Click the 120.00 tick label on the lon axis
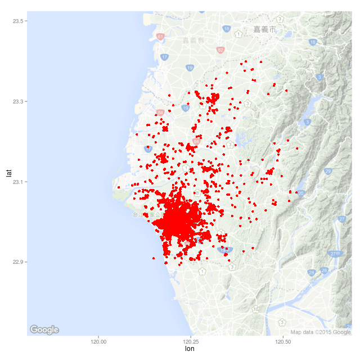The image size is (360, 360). point(98,341)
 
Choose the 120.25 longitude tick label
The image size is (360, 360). point(190,341)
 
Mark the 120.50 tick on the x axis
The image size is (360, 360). point(282,341)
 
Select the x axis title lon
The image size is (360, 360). point(190,350)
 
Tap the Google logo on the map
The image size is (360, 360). point(44,330)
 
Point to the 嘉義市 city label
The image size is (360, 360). point(264,29)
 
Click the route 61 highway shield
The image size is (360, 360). point(160,37)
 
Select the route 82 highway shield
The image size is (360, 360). point(220,50)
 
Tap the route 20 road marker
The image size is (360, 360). point(300,193)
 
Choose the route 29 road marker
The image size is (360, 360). point(328,170)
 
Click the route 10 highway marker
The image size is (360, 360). point(256,309)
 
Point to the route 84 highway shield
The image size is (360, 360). point(160,113)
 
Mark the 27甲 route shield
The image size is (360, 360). point(335,254)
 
